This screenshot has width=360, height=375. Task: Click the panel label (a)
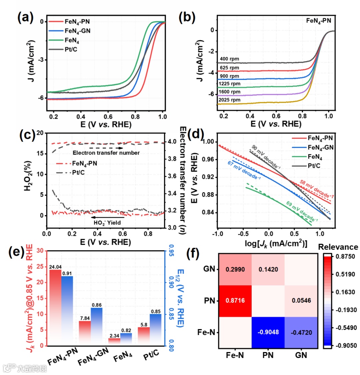click(x=25, y=17)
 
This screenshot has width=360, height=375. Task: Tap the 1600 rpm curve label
click(x=229, y=92)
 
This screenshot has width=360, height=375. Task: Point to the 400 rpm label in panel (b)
click(x=229, y=59)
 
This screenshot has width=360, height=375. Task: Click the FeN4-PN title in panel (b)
click(x=318, y=21)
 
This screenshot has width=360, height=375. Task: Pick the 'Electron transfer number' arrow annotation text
click(x=106, y=153)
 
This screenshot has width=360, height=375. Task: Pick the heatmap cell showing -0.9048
click(x=268, y=332)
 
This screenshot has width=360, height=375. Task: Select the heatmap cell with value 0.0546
click(x=301, y=301)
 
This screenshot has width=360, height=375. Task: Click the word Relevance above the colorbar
click(x=338, y=247)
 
